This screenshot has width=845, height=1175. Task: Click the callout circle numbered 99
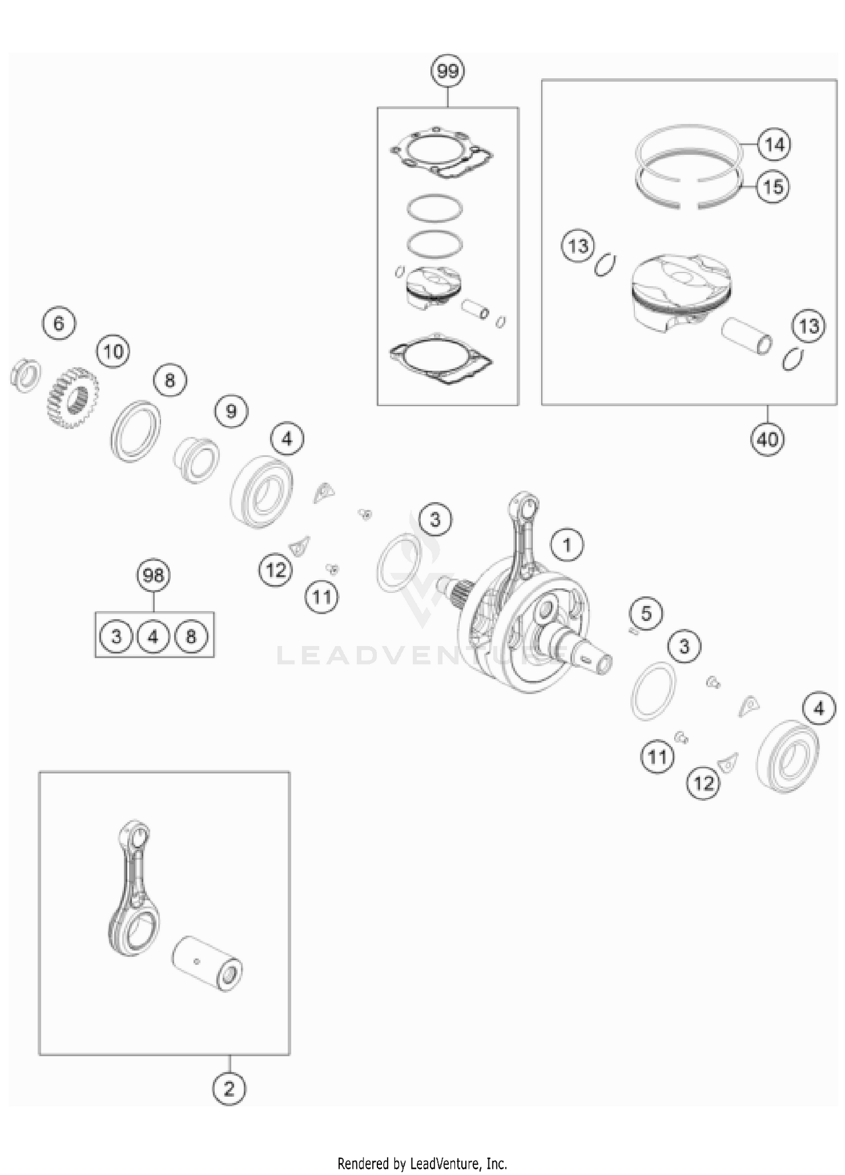tap(448, 72)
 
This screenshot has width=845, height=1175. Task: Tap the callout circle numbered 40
tap(767, 439)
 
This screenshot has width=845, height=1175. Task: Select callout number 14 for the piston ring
tap(775, 145)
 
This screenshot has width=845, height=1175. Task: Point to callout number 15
tap(773, 187)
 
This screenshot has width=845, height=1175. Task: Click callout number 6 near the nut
tap(59, 323)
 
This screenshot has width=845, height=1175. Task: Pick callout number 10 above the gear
tap(113, 352)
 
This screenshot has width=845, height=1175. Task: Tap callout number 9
tap(231, 411)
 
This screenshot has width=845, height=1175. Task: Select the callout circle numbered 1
tap(567, 545)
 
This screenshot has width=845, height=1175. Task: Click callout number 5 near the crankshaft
tap(646, 613)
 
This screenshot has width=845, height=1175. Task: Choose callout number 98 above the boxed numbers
tap(153, 575)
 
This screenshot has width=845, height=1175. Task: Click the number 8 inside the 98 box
tap(191, 637)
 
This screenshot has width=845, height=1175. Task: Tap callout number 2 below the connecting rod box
tap(229, 1088)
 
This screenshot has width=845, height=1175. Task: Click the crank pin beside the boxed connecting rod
tap(207, 964)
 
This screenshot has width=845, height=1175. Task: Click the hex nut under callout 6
tap(26, 375)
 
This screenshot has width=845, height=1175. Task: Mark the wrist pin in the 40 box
tap(747, 336)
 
